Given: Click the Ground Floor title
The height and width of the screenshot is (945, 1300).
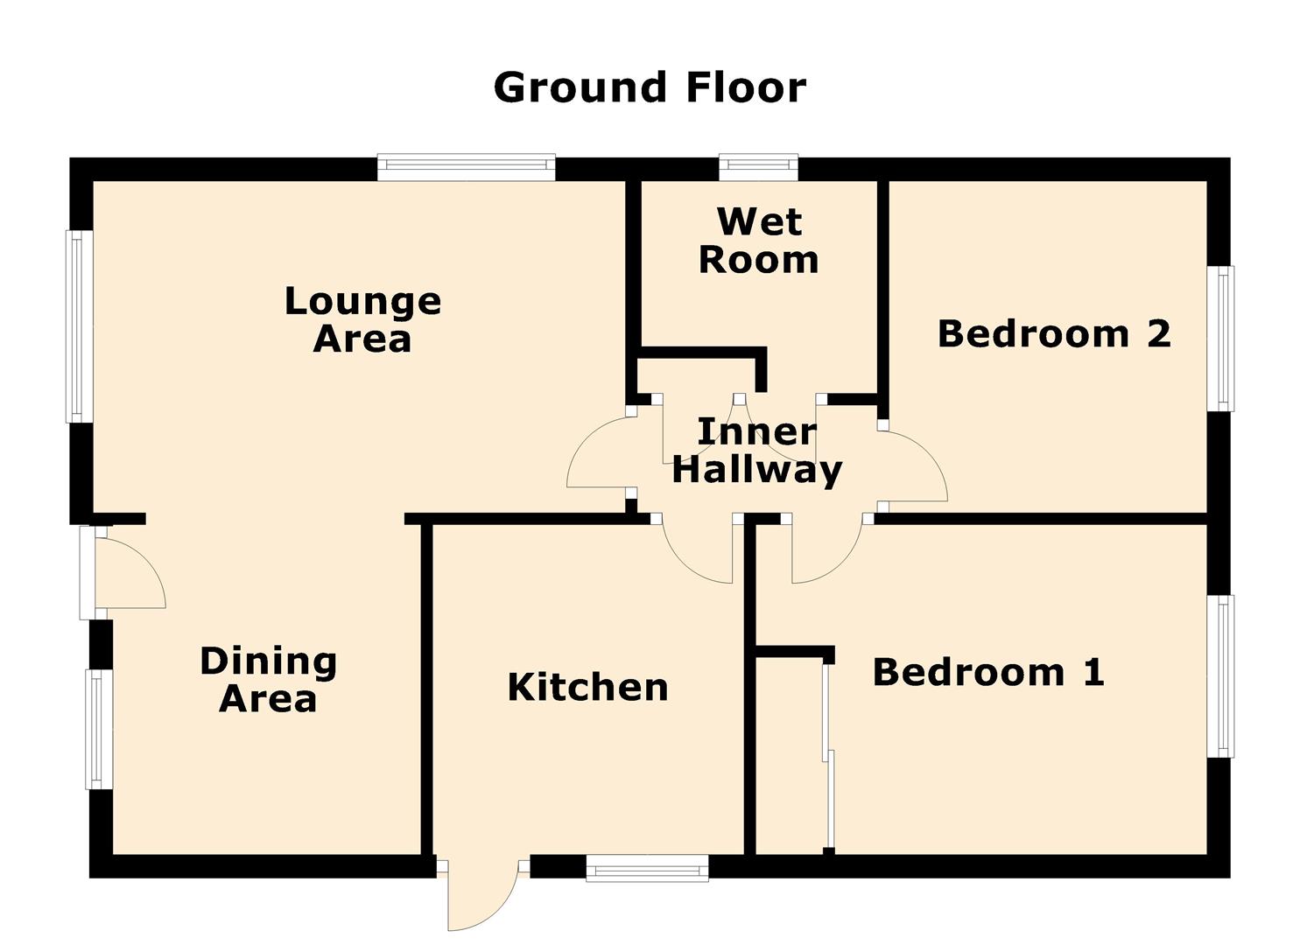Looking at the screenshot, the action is [x=650, y=87].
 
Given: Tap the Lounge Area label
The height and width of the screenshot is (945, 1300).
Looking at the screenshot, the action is [x=362, y=319].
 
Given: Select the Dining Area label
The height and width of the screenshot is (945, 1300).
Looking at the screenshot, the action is [x=268, y=679].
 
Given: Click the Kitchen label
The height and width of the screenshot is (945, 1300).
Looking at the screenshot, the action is [x=587, y=688].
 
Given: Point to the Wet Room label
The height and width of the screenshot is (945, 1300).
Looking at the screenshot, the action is [x=759, y=240].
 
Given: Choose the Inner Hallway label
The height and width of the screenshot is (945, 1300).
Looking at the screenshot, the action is [x=756, y=451].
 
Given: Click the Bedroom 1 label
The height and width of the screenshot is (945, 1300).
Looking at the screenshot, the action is [x=987, y=672].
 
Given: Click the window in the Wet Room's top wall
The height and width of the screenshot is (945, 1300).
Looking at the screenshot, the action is [x=758, y=167].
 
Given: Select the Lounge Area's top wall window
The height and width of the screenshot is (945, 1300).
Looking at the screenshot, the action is [x=466, y=167].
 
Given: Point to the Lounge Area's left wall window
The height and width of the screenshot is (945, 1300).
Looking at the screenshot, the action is [x=80, y=326].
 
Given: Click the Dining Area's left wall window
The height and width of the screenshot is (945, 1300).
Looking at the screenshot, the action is [x=99, y=729].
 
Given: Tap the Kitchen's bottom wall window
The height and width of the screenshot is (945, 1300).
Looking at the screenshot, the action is [x=647, y=868].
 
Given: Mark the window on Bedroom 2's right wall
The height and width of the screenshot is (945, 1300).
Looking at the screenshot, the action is [x=1220, y=339].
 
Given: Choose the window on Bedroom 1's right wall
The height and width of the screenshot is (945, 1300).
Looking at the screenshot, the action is [x=1220, y=676].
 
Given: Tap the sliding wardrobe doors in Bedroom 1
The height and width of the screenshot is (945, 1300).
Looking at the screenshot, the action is [x=829, y=757].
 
